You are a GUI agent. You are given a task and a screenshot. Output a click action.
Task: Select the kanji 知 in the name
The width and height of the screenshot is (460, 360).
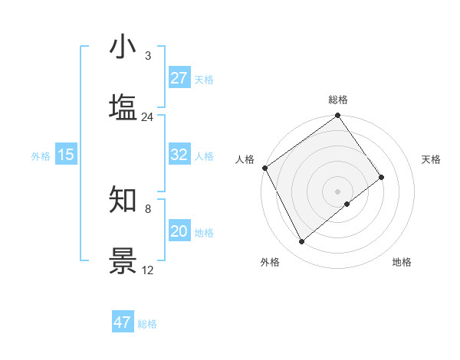tap(123, 199)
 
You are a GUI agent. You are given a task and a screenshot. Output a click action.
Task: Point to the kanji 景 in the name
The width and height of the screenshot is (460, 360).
tap(123, 260)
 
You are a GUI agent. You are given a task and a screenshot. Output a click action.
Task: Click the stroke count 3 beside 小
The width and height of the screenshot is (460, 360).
tap(147, 56)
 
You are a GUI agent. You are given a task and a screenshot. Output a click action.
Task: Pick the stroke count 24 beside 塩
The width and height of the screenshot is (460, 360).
tap(147, 117)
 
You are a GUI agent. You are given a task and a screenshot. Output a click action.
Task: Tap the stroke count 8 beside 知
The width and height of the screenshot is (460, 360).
tap(147, 208)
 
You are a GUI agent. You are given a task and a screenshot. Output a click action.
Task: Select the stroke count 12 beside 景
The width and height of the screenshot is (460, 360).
tap(147, 270)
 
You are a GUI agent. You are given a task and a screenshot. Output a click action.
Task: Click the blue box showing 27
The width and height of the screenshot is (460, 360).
tap(179, 78)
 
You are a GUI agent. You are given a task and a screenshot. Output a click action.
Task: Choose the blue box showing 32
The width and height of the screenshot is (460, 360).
tap(179, 155)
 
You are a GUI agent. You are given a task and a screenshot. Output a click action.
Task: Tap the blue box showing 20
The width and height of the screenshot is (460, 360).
tap(179, 231)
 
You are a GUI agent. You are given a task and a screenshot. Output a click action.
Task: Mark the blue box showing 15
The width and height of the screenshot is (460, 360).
tap(66, 155)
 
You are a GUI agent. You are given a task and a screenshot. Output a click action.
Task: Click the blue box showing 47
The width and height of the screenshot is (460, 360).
tap(123, 322)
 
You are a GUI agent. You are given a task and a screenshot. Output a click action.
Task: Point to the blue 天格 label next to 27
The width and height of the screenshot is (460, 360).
tap(204, 79)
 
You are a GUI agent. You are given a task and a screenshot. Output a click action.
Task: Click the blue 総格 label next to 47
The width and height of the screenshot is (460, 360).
tap(147, 324)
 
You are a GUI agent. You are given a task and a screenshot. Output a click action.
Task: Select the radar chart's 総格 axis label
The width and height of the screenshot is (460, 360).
tap(338, 100)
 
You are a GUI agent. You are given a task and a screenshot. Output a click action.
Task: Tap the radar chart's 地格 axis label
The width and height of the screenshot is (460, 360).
tap(402, 262)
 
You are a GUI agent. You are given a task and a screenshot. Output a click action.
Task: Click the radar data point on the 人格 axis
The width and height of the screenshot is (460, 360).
tap(264, 168)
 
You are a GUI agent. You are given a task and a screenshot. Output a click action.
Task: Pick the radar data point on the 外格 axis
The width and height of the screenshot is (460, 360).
tap(301, 242)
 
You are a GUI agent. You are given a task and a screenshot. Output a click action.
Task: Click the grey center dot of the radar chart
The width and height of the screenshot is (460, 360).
tap(338, 191)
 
